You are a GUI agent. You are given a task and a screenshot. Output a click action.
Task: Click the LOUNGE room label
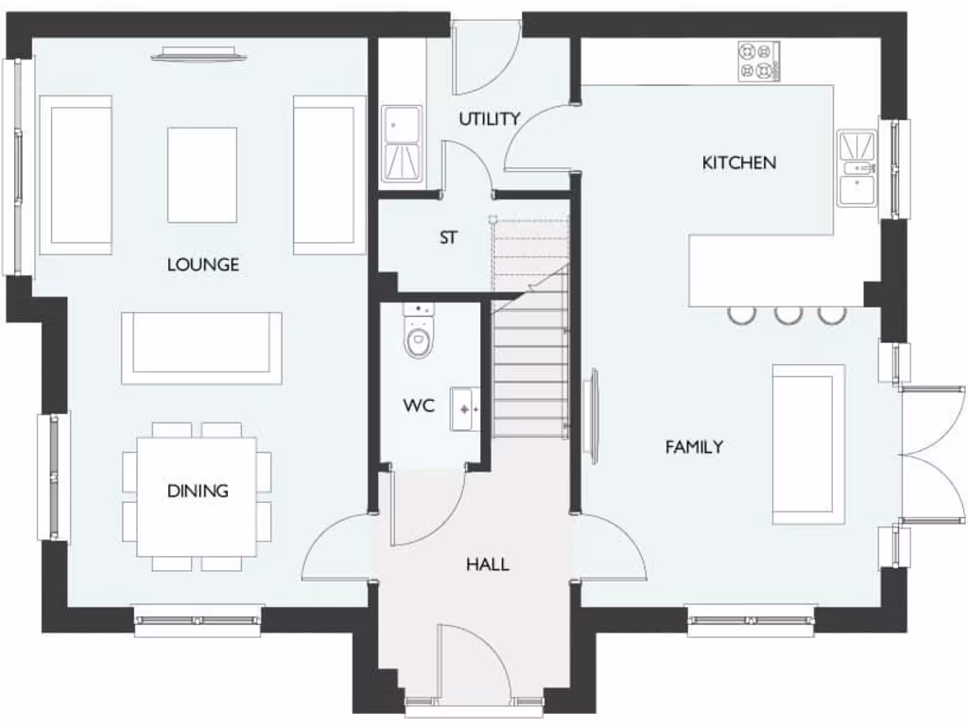(202, 265)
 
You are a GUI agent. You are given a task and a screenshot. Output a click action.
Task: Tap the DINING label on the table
(198, 491)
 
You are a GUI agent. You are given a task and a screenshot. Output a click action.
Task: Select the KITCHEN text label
(738, 163)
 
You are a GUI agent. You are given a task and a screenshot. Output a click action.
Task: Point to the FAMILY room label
(694, 447)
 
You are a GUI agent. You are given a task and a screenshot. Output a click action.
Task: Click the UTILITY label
(489, 119)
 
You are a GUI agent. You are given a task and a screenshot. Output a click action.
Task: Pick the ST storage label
(448, 238)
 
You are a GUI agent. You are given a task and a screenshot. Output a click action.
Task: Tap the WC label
(419, 406)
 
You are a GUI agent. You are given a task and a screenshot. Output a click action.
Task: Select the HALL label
(487, 564)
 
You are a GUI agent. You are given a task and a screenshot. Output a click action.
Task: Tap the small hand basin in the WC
(464, 409)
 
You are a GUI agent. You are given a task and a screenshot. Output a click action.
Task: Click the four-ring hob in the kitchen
(758, 61)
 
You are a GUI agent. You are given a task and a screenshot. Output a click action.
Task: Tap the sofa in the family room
(808, 444)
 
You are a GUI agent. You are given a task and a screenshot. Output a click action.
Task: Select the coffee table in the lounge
(201, 175)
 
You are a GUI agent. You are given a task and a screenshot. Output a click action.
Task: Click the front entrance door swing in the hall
(473, 662)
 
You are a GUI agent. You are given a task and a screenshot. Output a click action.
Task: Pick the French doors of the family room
(931, 454)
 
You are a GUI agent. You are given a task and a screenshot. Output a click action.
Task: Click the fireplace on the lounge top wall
(199, 55)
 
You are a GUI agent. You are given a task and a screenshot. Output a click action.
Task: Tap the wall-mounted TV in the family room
(593, 416)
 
